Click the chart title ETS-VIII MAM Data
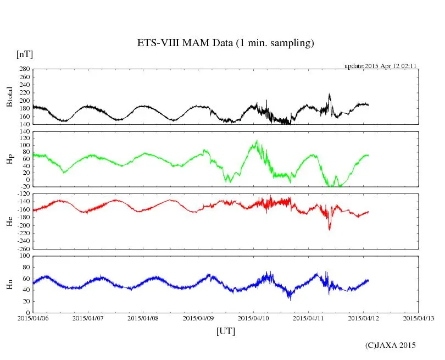225,43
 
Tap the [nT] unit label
24,54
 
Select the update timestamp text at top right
381,65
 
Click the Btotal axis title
9,97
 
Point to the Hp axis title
9,159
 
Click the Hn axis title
9,284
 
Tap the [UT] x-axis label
225,331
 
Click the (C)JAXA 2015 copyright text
391,345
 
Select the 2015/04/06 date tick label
33,318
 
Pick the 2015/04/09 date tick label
198,318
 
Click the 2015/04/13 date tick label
419,318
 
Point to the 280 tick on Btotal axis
24,69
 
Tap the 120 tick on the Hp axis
24,132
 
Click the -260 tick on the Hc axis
23,248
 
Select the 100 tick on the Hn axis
24,256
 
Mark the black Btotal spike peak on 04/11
329,95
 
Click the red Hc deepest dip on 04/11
330,229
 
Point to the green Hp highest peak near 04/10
257,141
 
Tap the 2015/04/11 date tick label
308,318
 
